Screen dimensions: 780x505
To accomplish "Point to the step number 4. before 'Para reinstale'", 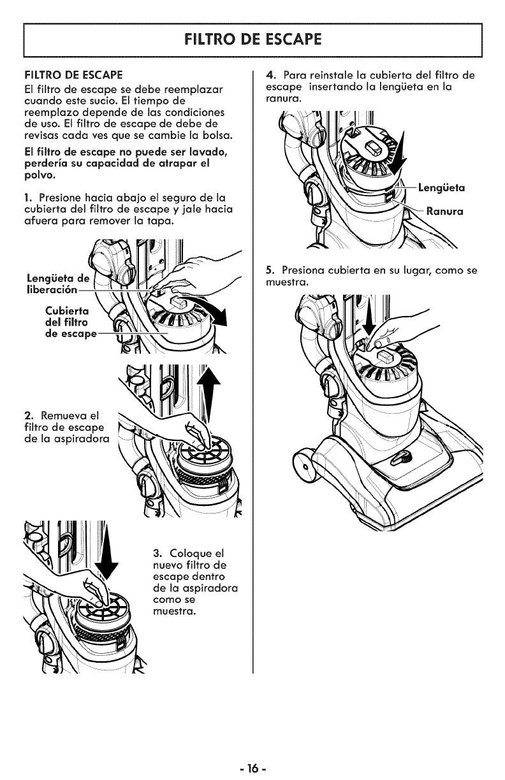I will pos(268,75).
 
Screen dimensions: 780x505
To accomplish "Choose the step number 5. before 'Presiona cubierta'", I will pos(268,270).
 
